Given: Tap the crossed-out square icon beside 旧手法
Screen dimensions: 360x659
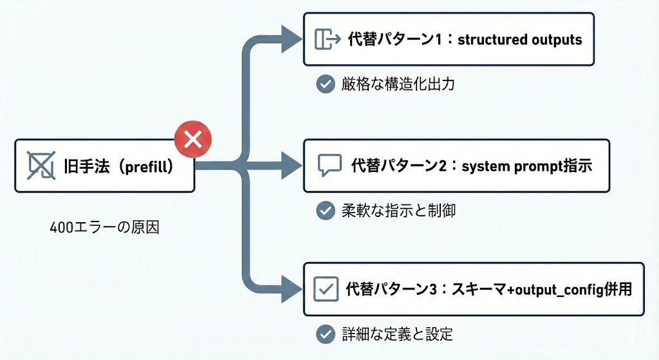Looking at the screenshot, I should (x=41, y=166).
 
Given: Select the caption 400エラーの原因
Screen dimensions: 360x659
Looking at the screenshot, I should (x=104, y=228).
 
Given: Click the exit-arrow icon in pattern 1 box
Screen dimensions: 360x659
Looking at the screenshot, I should (x=326, y=39).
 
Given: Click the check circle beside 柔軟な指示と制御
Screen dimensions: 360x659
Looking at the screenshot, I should (x=325, y=210).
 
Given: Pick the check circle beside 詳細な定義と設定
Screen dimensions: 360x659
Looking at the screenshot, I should (x=325, y=334).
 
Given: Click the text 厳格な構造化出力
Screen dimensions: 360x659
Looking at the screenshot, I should (x=398, y=84).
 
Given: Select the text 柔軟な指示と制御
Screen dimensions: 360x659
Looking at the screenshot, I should (x=398, y=210).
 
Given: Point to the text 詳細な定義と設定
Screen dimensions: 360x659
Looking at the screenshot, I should (x=398, y=334).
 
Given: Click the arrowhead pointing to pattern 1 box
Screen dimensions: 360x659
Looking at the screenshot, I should (x=292, y=40).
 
